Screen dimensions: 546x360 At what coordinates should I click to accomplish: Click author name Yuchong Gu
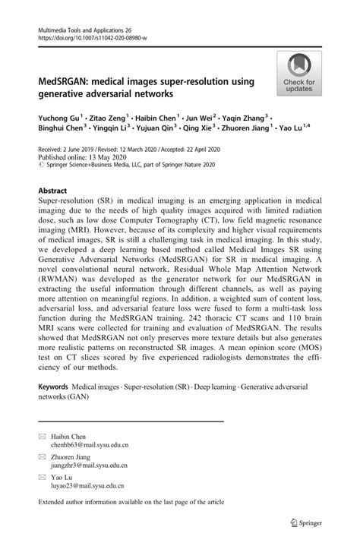tap(57, 118)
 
